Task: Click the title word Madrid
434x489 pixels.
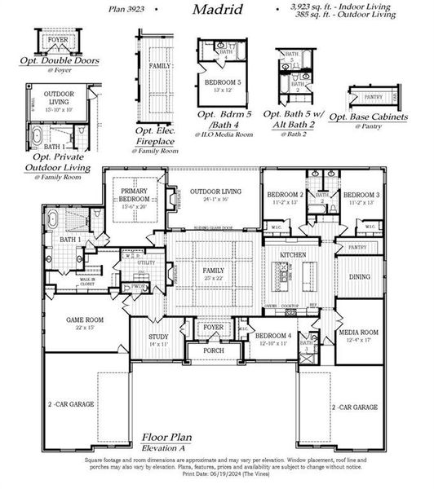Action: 217,10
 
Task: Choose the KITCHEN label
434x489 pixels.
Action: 293,255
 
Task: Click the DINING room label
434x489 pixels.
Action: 359,277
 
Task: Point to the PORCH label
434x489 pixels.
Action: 214,350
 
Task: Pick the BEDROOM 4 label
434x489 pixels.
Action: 271,336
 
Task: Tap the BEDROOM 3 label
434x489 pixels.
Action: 360,196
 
